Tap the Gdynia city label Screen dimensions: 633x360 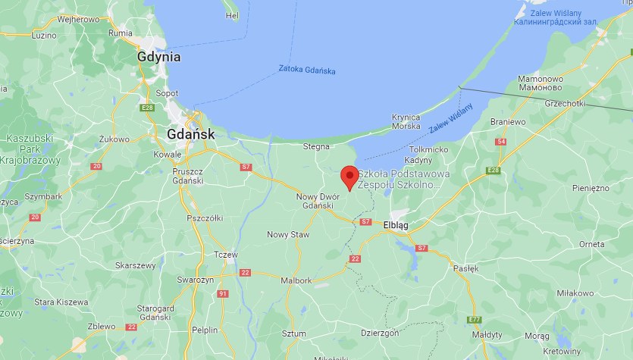pyautogui.click(x=159, y=57)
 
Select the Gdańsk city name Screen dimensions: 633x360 pyautogui.click(x=190, y=133)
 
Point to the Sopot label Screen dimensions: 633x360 pyautogui.click(x=167, y=93)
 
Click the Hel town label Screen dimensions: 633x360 pyautogui.click(x=233, y=15)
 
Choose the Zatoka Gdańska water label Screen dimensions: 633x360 pyautogui.click(x=306, y=72)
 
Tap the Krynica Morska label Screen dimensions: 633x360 pyautogui.click(x=406, y=121)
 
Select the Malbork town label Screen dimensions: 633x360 pyautogui.click(x=296, y=280)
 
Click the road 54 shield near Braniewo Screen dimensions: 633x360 pyautogui.click(x=500, y=142)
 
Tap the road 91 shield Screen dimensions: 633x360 pyautogui.click(x=222, y=293)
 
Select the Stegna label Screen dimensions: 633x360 pyautogui.click(x=316, y=146)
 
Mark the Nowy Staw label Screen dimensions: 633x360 pyautogui.click(x=288, y=235)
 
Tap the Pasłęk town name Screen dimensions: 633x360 pyautogui.click(x=465, y=268)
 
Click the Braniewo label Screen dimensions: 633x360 pyautogui.click(x=508, y=121)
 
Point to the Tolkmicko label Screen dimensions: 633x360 pyautogui.click(x=429, y=149)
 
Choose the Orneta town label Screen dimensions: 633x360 pyautogui.click(x=591, y=244)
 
